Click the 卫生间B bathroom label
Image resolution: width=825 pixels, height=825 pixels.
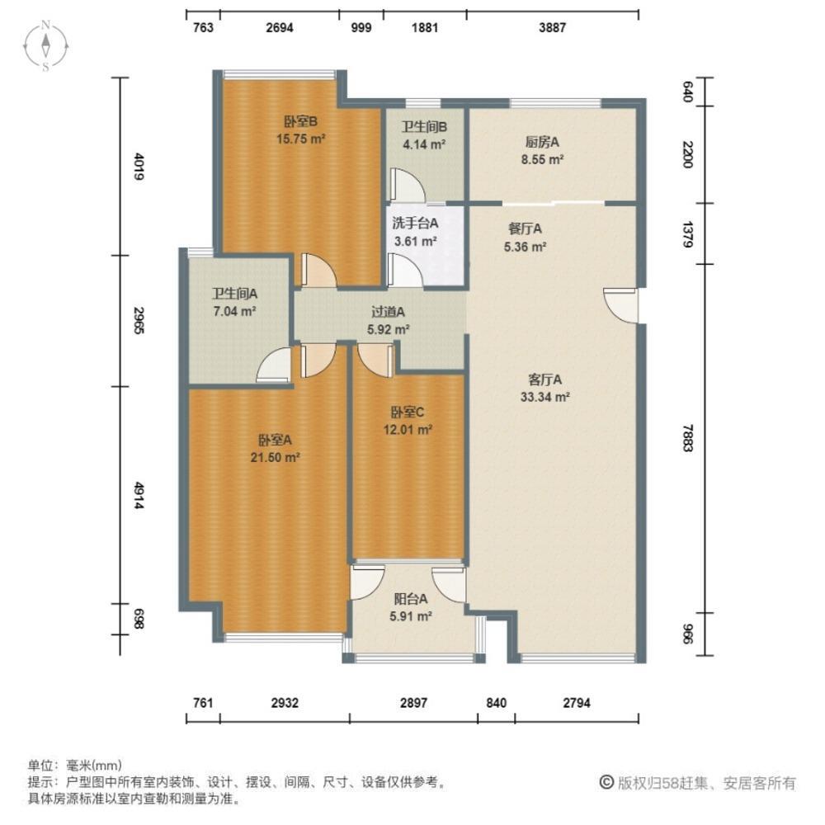click(424, 128)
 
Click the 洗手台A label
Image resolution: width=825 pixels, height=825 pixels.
click(414, 222)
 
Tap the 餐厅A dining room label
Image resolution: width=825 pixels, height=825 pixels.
click(525, 231)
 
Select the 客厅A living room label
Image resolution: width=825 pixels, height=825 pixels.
click(544, 380)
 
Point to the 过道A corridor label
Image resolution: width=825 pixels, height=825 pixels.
click(388, 313)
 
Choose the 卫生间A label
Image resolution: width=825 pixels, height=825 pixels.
click(235, 294)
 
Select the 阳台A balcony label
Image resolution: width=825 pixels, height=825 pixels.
click(410, 599)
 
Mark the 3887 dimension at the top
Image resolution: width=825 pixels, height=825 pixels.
click(553, 27)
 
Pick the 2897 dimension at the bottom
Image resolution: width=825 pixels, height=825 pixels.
click(413, 703)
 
